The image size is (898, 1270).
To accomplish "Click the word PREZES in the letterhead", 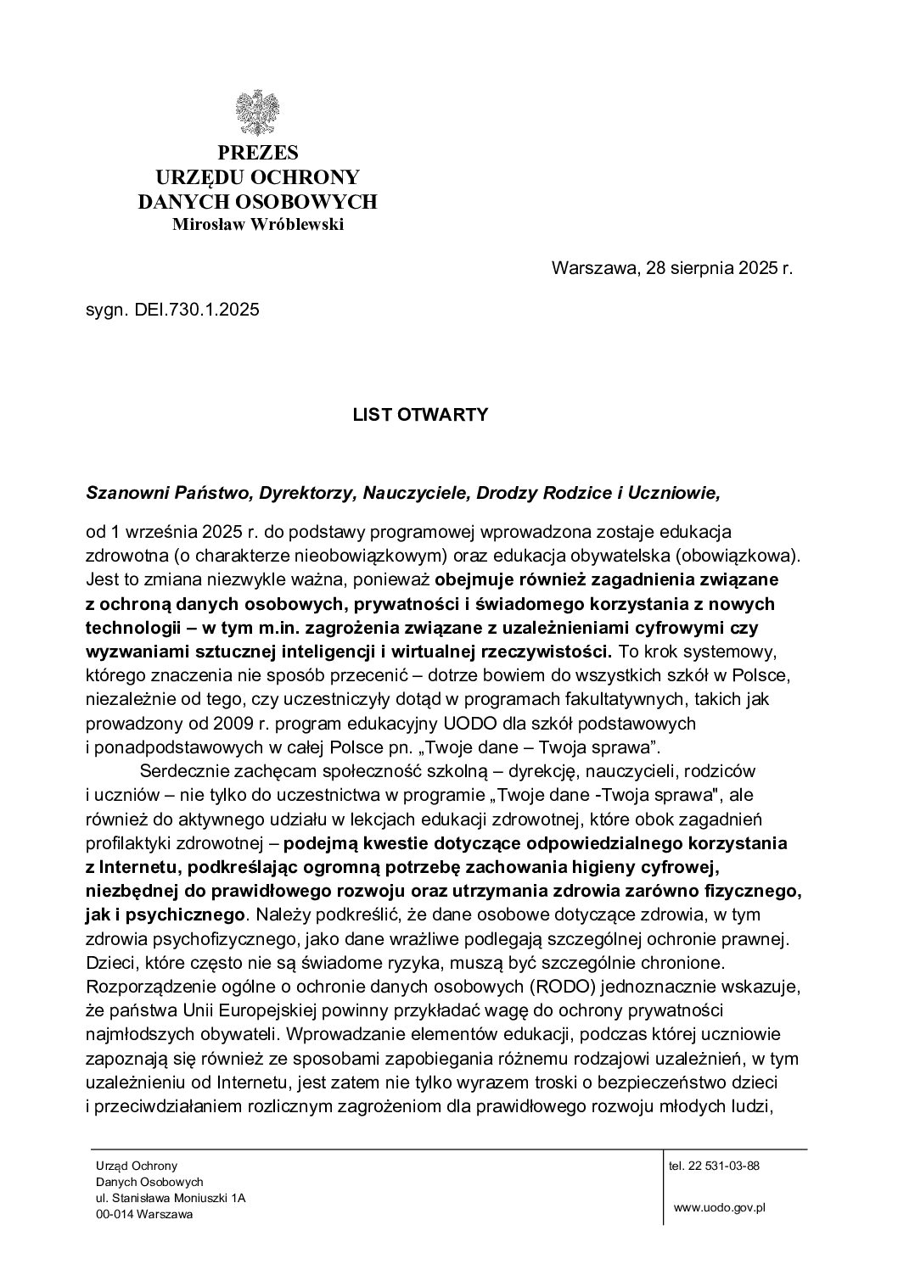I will [258, 153].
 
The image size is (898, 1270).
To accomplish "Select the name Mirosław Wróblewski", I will [258, 225].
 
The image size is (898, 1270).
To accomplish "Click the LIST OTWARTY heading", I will [420, 415].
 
